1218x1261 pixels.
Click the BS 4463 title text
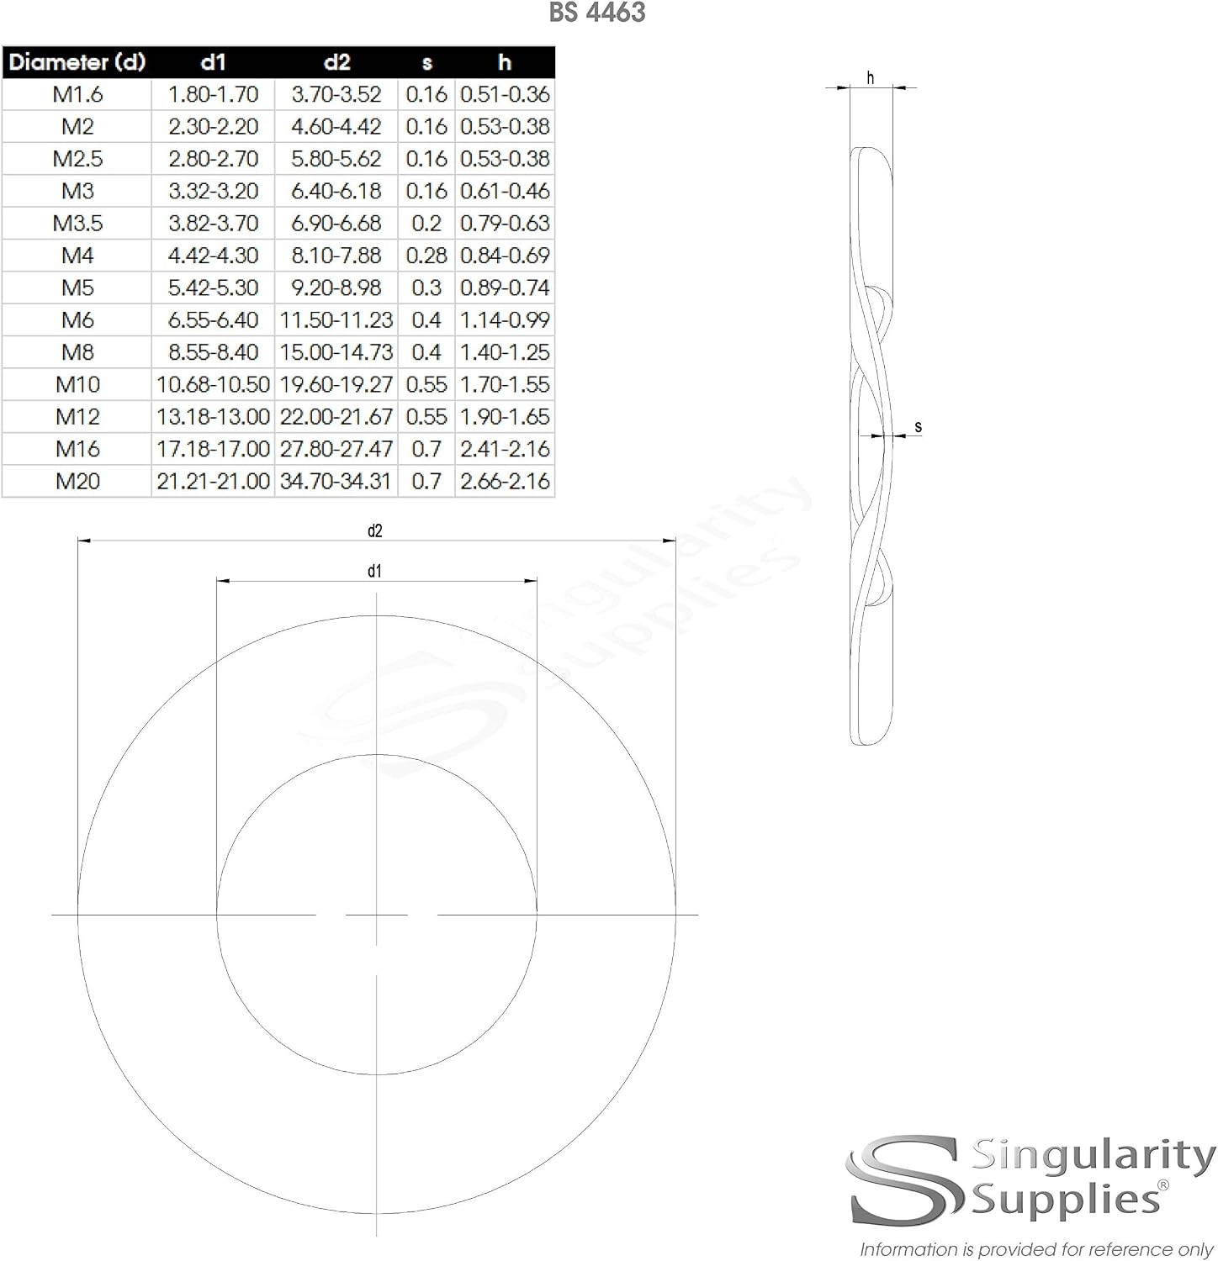click(x=597, y=13)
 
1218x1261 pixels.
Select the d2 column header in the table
click(x=336, y=62)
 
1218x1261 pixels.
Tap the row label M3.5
click(x=77, y=224)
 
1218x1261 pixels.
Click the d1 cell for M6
click(x=214, y=320)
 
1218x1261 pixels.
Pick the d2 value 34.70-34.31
click(x=336, y=481)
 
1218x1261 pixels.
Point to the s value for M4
click(x=426, y=256)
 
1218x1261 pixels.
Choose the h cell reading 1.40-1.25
click(x=505, y=352)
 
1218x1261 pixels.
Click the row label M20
click(x=77, y=481)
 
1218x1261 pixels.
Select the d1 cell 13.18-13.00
click(x=214, y=417)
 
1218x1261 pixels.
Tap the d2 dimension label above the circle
click(x=375, y=530)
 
